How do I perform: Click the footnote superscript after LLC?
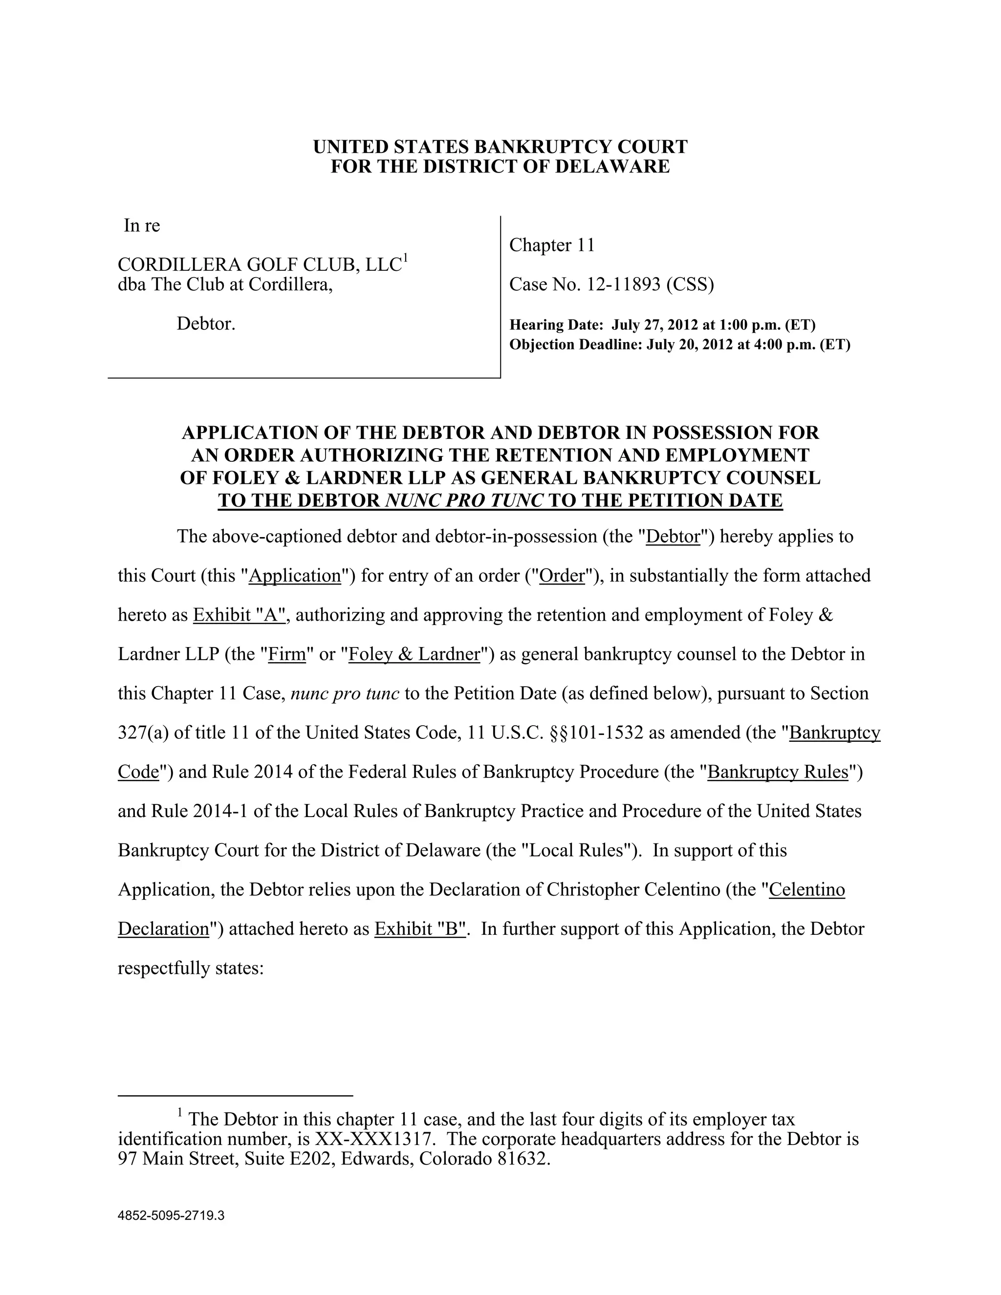406,258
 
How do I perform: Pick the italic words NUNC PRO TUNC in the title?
464,500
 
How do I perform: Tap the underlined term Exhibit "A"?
240,615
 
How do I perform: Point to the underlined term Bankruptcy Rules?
778,772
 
